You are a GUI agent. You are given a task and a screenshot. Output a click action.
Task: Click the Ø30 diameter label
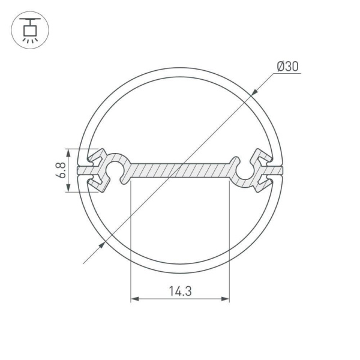coord(287,67)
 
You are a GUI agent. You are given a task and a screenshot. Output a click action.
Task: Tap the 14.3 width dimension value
coord(180,292)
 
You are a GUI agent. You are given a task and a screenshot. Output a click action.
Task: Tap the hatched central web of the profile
coord(180,170)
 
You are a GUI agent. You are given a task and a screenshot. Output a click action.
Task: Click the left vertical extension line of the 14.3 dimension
coord(131,240)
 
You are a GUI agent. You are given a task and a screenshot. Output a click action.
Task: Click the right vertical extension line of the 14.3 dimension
coord(229,240)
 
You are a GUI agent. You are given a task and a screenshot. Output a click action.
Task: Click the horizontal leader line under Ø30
coord(288,74)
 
